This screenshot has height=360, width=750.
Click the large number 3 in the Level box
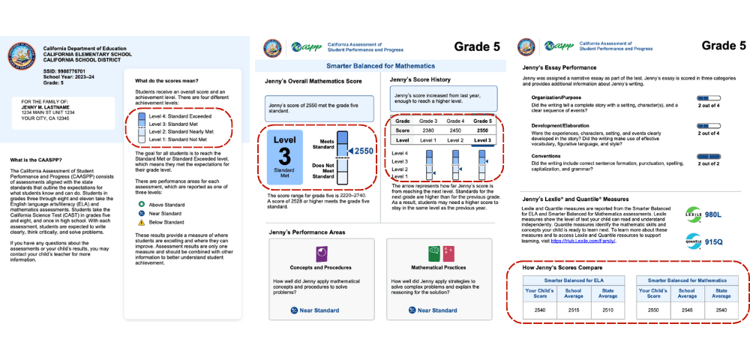pyautogui.click(x=284, y=154)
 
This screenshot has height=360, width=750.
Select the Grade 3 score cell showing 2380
pyautogui.click(x=427, y=130)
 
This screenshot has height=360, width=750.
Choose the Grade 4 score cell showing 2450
pyautogui.click(x=456, y=130)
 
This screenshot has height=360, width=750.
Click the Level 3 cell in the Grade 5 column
pyautogui.click(x=484, y=139)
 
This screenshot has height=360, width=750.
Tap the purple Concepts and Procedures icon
pyautogui.click(x=321, y=253)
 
